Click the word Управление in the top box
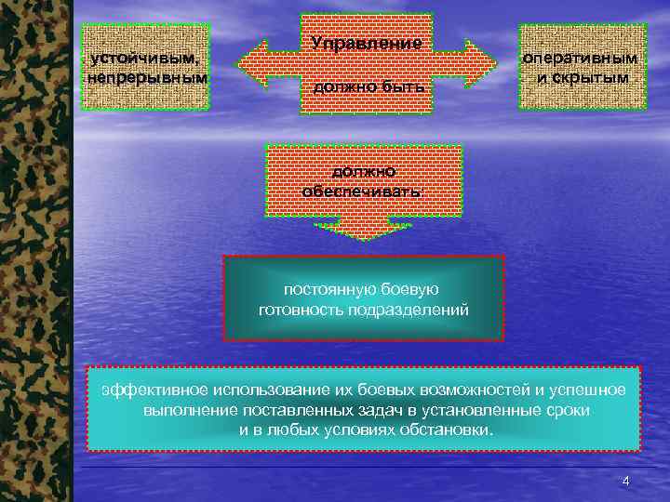367,44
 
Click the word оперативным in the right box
582,58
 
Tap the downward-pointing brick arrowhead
363,228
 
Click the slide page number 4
625,481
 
